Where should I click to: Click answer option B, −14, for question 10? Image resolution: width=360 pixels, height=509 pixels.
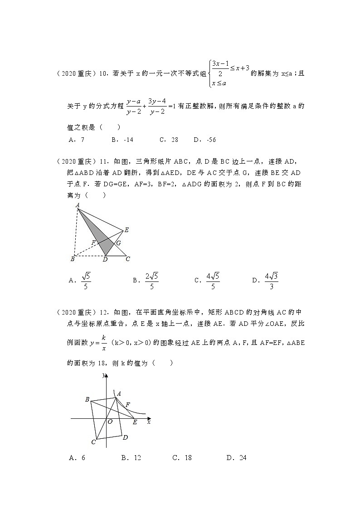click(122, 140)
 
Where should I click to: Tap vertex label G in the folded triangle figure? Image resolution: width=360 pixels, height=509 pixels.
click(118, 243)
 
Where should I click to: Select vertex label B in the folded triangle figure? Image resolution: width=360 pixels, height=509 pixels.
click(72, 259)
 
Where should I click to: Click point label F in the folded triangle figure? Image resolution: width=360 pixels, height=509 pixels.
click(93, 242)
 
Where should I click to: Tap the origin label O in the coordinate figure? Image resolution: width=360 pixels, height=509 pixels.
click(110, 422)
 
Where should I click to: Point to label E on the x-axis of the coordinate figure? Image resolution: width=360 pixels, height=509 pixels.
click(135, 422)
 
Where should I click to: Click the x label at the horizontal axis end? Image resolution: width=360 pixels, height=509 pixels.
click(149, 422)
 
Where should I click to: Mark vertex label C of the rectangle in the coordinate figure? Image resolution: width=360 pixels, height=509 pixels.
click(93, 442)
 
